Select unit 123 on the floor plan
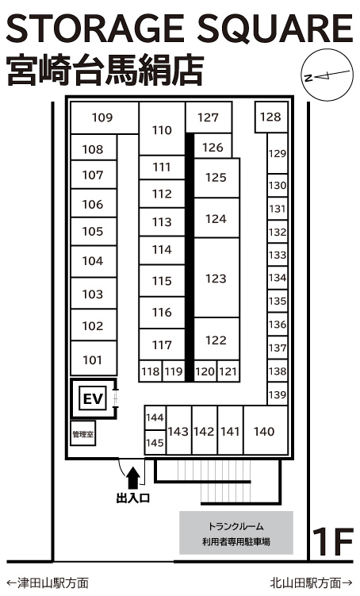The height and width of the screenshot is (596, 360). [x=216, y=278]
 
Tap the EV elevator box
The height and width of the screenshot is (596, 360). [x=93, y=398]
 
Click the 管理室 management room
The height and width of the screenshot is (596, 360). [x=82, y=433]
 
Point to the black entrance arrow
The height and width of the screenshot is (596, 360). [x=133, y=478]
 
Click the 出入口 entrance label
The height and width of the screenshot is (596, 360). [x=133, y=498]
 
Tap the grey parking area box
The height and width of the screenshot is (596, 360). [x=236, y=533]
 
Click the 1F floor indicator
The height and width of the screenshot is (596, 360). [x=333, y=542]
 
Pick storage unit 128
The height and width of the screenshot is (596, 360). [x=270, y=117]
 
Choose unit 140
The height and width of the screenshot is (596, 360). [x=265, y=431]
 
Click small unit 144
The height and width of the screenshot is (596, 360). [x=155, y=417]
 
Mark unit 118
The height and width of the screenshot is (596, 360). [x=151, y=371]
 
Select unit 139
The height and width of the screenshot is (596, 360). [x=278, y=394]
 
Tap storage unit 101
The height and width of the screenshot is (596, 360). [x=94, y=359]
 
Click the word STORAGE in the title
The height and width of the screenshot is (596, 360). [x=95, y=29]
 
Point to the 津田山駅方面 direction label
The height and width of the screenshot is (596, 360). [x=48, y=583]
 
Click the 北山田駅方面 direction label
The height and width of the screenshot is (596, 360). [x=311, y=583]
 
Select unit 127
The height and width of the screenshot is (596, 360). [x=209, y=117]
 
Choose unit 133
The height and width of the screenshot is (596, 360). [x=278, y=255]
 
